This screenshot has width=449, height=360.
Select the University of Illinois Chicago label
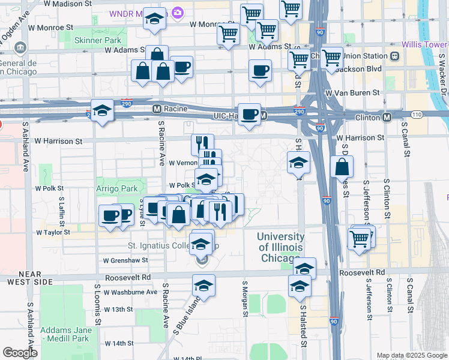[280, 247]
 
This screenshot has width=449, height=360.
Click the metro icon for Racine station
[157, 109]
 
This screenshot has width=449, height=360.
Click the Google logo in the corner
[20, 353]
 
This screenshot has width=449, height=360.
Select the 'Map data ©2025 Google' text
[412, 355]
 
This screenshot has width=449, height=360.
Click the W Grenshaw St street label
[125, 260]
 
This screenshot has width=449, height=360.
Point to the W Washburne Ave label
[130, 292]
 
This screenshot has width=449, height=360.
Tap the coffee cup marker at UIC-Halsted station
[250, 114]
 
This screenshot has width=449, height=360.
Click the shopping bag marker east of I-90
[342, 168]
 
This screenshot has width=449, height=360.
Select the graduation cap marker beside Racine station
[102, 110]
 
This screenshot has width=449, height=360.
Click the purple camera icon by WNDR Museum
[177, 13]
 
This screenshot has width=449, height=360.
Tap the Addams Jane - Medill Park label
[66, 335]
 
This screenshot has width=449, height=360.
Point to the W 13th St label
[118, 309]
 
